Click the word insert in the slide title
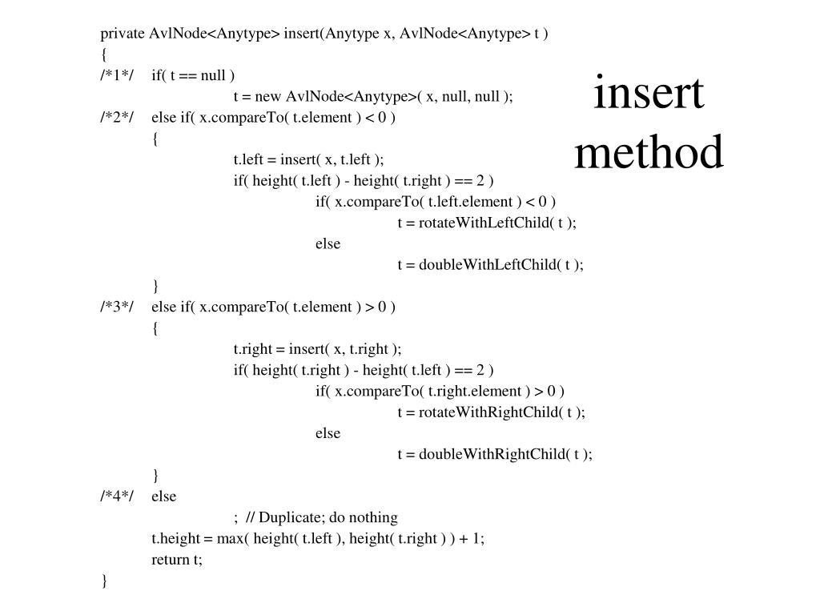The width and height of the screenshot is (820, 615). coord(649,94)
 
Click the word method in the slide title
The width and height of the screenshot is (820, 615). coord(649,152)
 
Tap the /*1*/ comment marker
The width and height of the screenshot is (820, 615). coord(117,76)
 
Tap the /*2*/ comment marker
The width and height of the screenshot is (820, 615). coord(117,119)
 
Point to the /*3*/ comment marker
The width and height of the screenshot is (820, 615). coord(117,307)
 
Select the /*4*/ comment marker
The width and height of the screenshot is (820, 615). coord(117,496)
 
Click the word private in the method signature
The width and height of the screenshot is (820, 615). coord(123,34)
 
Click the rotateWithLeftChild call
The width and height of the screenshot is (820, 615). coord(485,223)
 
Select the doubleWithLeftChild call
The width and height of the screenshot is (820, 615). coord(488,265)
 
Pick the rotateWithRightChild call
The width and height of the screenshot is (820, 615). coord(489,412)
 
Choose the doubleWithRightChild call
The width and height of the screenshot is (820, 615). coord(492,454)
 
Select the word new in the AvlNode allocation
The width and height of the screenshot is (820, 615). coord(269,97)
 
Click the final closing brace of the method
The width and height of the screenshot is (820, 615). coord(104,581)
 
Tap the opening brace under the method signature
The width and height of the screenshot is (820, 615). coord(104,55)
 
